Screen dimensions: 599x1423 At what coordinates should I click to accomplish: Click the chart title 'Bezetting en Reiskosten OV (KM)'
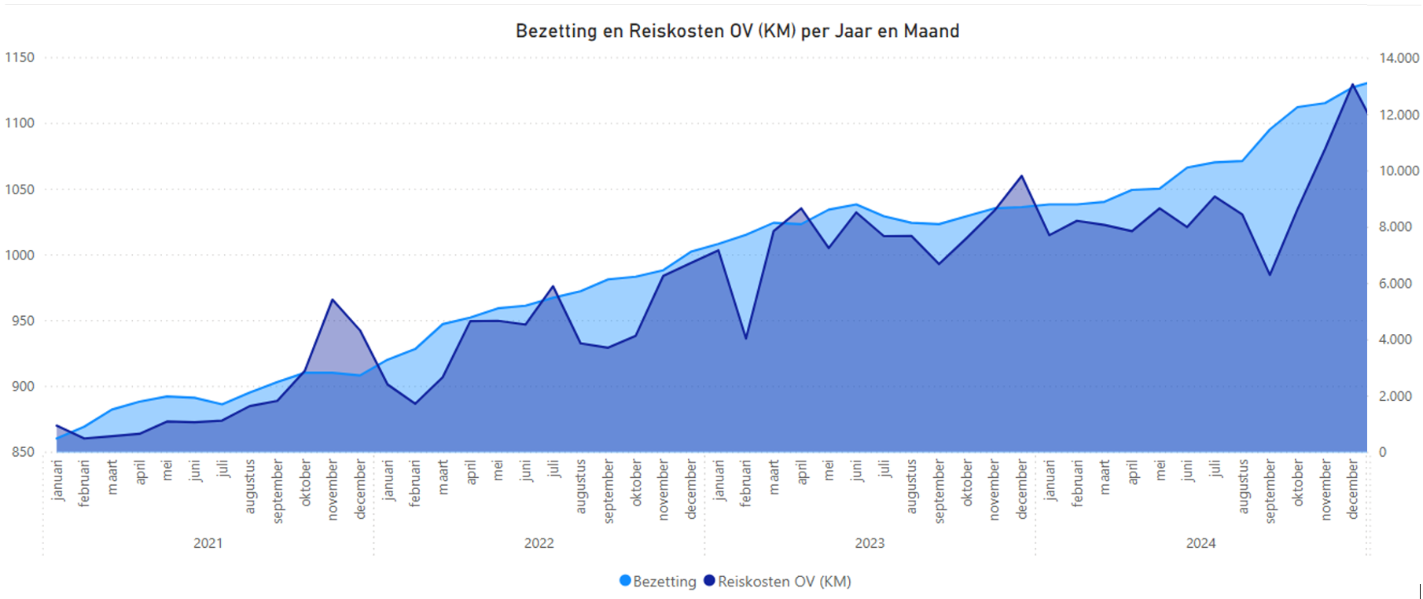(737, 31)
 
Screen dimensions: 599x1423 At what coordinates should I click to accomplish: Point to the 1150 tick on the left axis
(20, 57)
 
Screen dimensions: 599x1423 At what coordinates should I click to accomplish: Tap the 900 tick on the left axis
(20, 386)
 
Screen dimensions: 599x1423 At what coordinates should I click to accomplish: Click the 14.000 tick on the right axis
(1399, 58)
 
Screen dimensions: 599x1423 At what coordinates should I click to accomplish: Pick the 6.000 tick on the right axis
(1395, 284)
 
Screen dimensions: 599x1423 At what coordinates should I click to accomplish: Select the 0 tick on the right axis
(1383, 452)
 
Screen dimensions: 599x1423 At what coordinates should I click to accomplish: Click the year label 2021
(208, 543)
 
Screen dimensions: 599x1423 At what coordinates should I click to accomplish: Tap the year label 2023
(870, 543)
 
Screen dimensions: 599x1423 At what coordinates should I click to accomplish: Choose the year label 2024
(1201, 543)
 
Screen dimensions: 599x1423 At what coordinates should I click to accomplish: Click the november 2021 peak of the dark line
(333, 299)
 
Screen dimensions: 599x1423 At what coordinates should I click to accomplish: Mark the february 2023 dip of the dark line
(745, 339)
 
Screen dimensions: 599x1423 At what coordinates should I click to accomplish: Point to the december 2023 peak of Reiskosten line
(1021, 176)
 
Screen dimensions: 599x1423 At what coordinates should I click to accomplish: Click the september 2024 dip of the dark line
(1270, 275)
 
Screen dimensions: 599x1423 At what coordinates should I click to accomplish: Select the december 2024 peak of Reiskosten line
(1352, 84)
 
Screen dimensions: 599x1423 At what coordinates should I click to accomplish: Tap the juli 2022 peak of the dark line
(553, 286)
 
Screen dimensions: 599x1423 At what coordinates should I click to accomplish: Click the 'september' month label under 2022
(609, 492)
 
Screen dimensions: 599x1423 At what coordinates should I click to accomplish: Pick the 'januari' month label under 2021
(57, 481)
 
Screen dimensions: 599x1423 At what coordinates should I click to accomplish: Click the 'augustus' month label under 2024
(1243, 487)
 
